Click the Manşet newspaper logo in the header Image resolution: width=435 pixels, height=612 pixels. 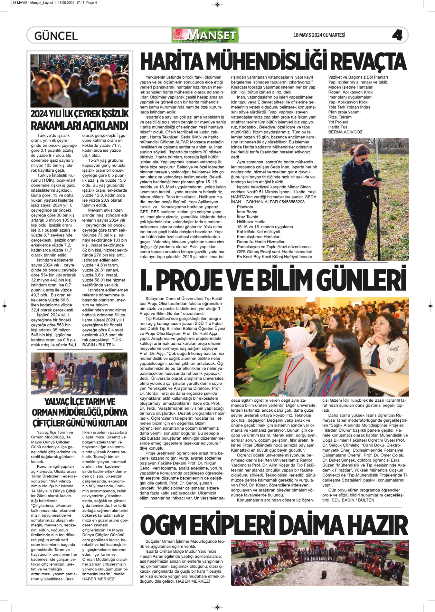pyautogui.click(x=205, y=35)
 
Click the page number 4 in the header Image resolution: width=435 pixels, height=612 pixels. pyautogui.click(x=397, y=35)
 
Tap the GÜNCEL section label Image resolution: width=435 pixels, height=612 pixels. pyautogui.click(x=56, y=36)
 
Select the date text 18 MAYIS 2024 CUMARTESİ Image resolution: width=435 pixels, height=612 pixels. pyautogui.click(x=319, y=35)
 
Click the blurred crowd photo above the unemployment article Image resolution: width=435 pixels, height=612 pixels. pyautogui.click(x=79, y=81)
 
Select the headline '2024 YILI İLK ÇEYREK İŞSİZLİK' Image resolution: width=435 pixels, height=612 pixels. pyautogui.click(x=79, y=114)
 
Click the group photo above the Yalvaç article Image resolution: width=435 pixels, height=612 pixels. pyautogui.click(x=79, y=374)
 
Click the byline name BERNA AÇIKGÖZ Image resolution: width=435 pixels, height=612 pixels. pyautogui.click(x=345, y=132)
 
